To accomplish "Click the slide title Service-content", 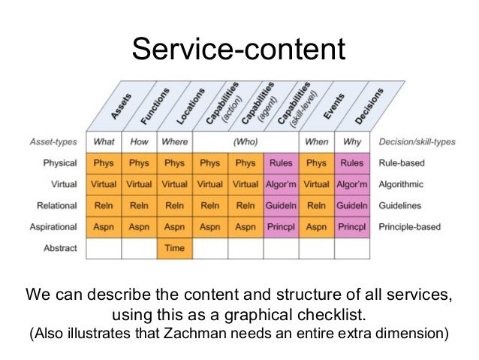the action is click(239, 50).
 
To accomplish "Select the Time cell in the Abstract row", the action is click(174, 247).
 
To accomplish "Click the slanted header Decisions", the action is click(369, 104).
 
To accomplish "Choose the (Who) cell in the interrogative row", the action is click(246, 141).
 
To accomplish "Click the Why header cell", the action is click(352, 141).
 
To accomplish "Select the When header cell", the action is click(317, 141).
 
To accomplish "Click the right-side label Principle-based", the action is click(412, 226).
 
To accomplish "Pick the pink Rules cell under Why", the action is click(352, 162).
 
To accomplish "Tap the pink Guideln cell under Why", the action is click(352, 205).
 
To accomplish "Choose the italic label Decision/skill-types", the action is click(417, 141).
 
